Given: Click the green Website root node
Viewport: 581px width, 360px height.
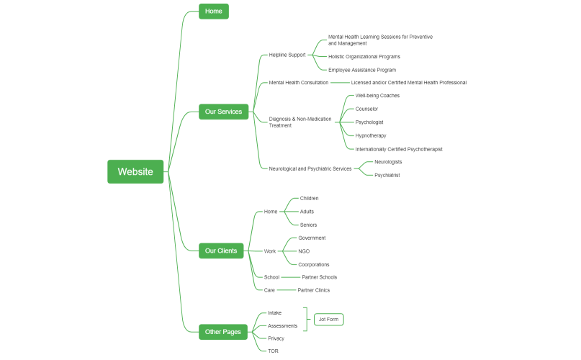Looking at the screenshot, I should coord(135,171).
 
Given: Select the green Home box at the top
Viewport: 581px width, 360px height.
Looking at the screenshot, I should coord(213,11).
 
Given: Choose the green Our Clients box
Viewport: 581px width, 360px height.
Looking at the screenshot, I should coord(222,251).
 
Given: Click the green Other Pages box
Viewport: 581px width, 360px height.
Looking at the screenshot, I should coord(224,332).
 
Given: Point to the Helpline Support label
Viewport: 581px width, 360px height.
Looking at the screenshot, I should coord(287,55).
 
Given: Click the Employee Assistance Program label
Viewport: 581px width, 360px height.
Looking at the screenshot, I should coord(362,70).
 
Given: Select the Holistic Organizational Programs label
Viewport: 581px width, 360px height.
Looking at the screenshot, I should coord(364,56).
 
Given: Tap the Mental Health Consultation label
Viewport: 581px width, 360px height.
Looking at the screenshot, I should coord(299,83).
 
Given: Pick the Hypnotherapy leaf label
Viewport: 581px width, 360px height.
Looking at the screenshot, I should coord(371,135).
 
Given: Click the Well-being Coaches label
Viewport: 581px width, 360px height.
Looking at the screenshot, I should coord(377,96).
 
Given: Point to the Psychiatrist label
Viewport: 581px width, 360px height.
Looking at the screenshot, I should coord(387,175).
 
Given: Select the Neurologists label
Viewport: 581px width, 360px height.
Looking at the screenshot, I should coord(388,162).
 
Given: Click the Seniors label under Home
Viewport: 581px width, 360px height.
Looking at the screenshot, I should coord(308,225).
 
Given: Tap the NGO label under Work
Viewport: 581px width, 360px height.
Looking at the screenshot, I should coord(304,251).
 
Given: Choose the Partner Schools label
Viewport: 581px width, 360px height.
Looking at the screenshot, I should coord(319,277).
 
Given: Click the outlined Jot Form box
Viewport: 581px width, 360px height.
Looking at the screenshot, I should coord(329,319).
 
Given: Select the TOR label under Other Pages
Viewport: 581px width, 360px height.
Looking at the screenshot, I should coord(273,351).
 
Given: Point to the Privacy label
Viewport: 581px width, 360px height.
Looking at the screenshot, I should coord(276,338).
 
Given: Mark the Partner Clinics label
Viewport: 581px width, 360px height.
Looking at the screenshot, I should coord(314,290).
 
